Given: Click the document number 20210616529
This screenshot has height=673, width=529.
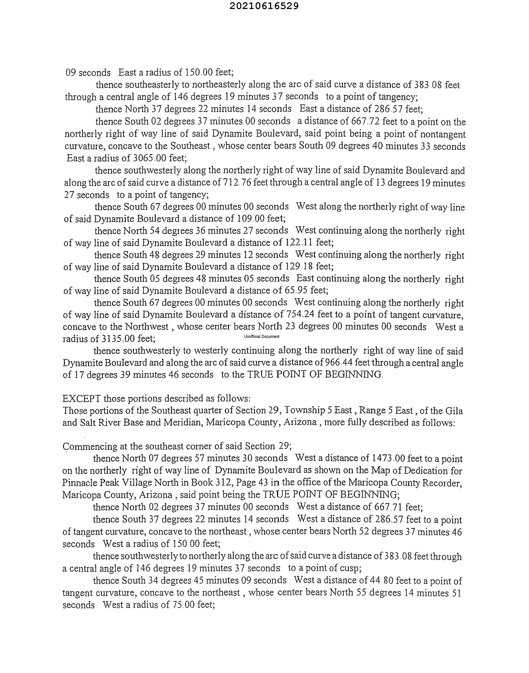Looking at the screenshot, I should [264, 6].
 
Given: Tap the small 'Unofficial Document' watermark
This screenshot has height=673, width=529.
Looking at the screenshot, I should [262, 336].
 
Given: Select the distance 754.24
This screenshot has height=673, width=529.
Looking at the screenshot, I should [299, 314].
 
